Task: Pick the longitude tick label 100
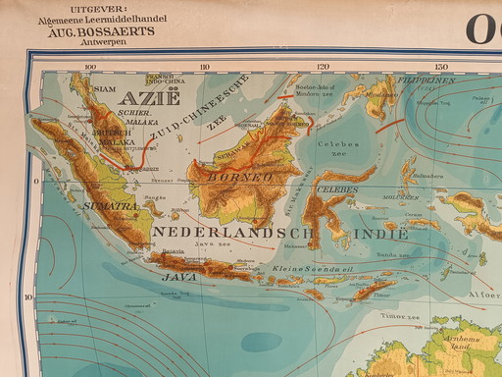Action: pos(91,68)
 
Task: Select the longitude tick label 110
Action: pos(205,68)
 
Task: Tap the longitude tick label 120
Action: pos(322,68)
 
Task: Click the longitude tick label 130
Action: pos(441,68)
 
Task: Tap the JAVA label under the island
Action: pos(174,278)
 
